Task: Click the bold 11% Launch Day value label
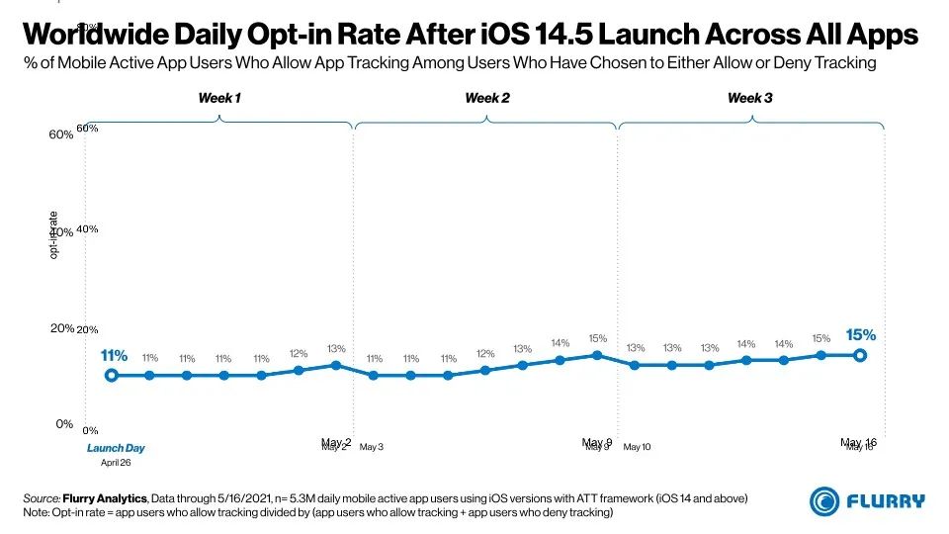114,356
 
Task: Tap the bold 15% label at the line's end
860,335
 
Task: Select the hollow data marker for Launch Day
112,376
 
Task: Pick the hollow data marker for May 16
860,355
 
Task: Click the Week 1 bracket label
218,98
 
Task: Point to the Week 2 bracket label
487,98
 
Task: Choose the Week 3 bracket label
750,98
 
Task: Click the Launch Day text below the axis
116,448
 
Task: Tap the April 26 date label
116,462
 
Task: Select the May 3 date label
372,448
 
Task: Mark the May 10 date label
637,448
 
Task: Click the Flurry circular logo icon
825,500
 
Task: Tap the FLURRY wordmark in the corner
887,500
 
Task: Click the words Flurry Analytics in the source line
105,497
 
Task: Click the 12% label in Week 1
299,353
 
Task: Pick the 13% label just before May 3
336,348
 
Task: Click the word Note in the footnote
36,512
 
